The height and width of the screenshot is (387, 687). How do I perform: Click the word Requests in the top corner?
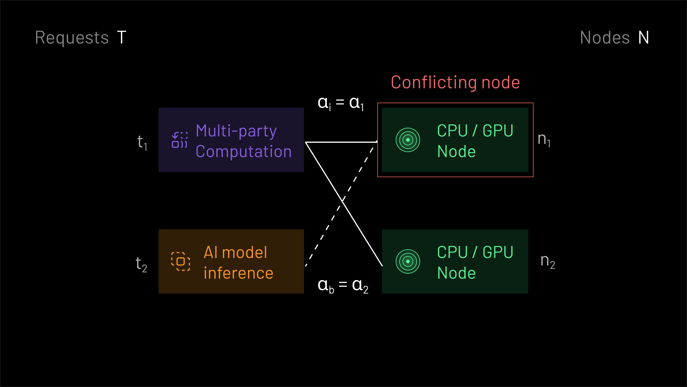coord(72,38)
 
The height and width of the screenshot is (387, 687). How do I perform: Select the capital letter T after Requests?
coord(122,38)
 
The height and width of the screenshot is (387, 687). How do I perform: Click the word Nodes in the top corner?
coord(605,38)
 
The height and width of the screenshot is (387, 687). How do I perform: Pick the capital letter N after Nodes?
coord(643,38)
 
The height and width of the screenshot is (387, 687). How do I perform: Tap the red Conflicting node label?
coord(455,83)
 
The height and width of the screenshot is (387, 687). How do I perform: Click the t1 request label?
coord(142,142)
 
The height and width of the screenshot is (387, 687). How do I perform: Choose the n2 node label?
coord(548,261)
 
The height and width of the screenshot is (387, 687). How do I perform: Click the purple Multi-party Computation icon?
coord(179,140)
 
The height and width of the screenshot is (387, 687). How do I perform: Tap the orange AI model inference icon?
coord(181,261)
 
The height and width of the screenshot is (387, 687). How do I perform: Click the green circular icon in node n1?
coord(408,140)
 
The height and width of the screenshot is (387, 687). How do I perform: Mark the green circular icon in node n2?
coord(408,261)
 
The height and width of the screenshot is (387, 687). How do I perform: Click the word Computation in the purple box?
coord(244,151)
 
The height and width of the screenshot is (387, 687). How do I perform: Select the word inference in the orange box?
coord(238,273)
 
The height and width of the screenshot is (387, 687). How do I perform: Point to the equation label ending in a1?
coord(341,103)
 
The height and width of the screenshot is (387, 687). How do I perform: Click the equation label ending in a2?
coord(343,286)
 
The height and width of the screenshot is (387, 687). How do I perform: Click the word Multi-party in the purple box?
coord(236,131)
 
